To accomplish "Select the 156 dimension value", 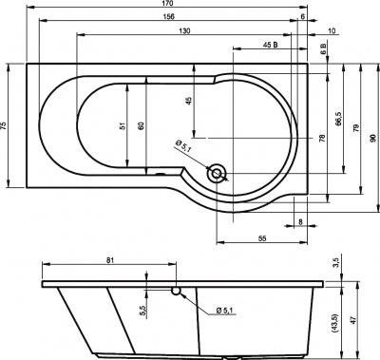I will pos(166,18).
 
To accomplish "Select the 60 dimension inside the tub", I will pos(141,125).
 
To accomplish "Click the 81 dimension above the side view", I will pos(111,261).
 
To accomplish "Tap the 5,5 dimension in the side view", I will pos(142,310).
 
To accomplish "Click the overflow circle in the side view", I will pos(176,290).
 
